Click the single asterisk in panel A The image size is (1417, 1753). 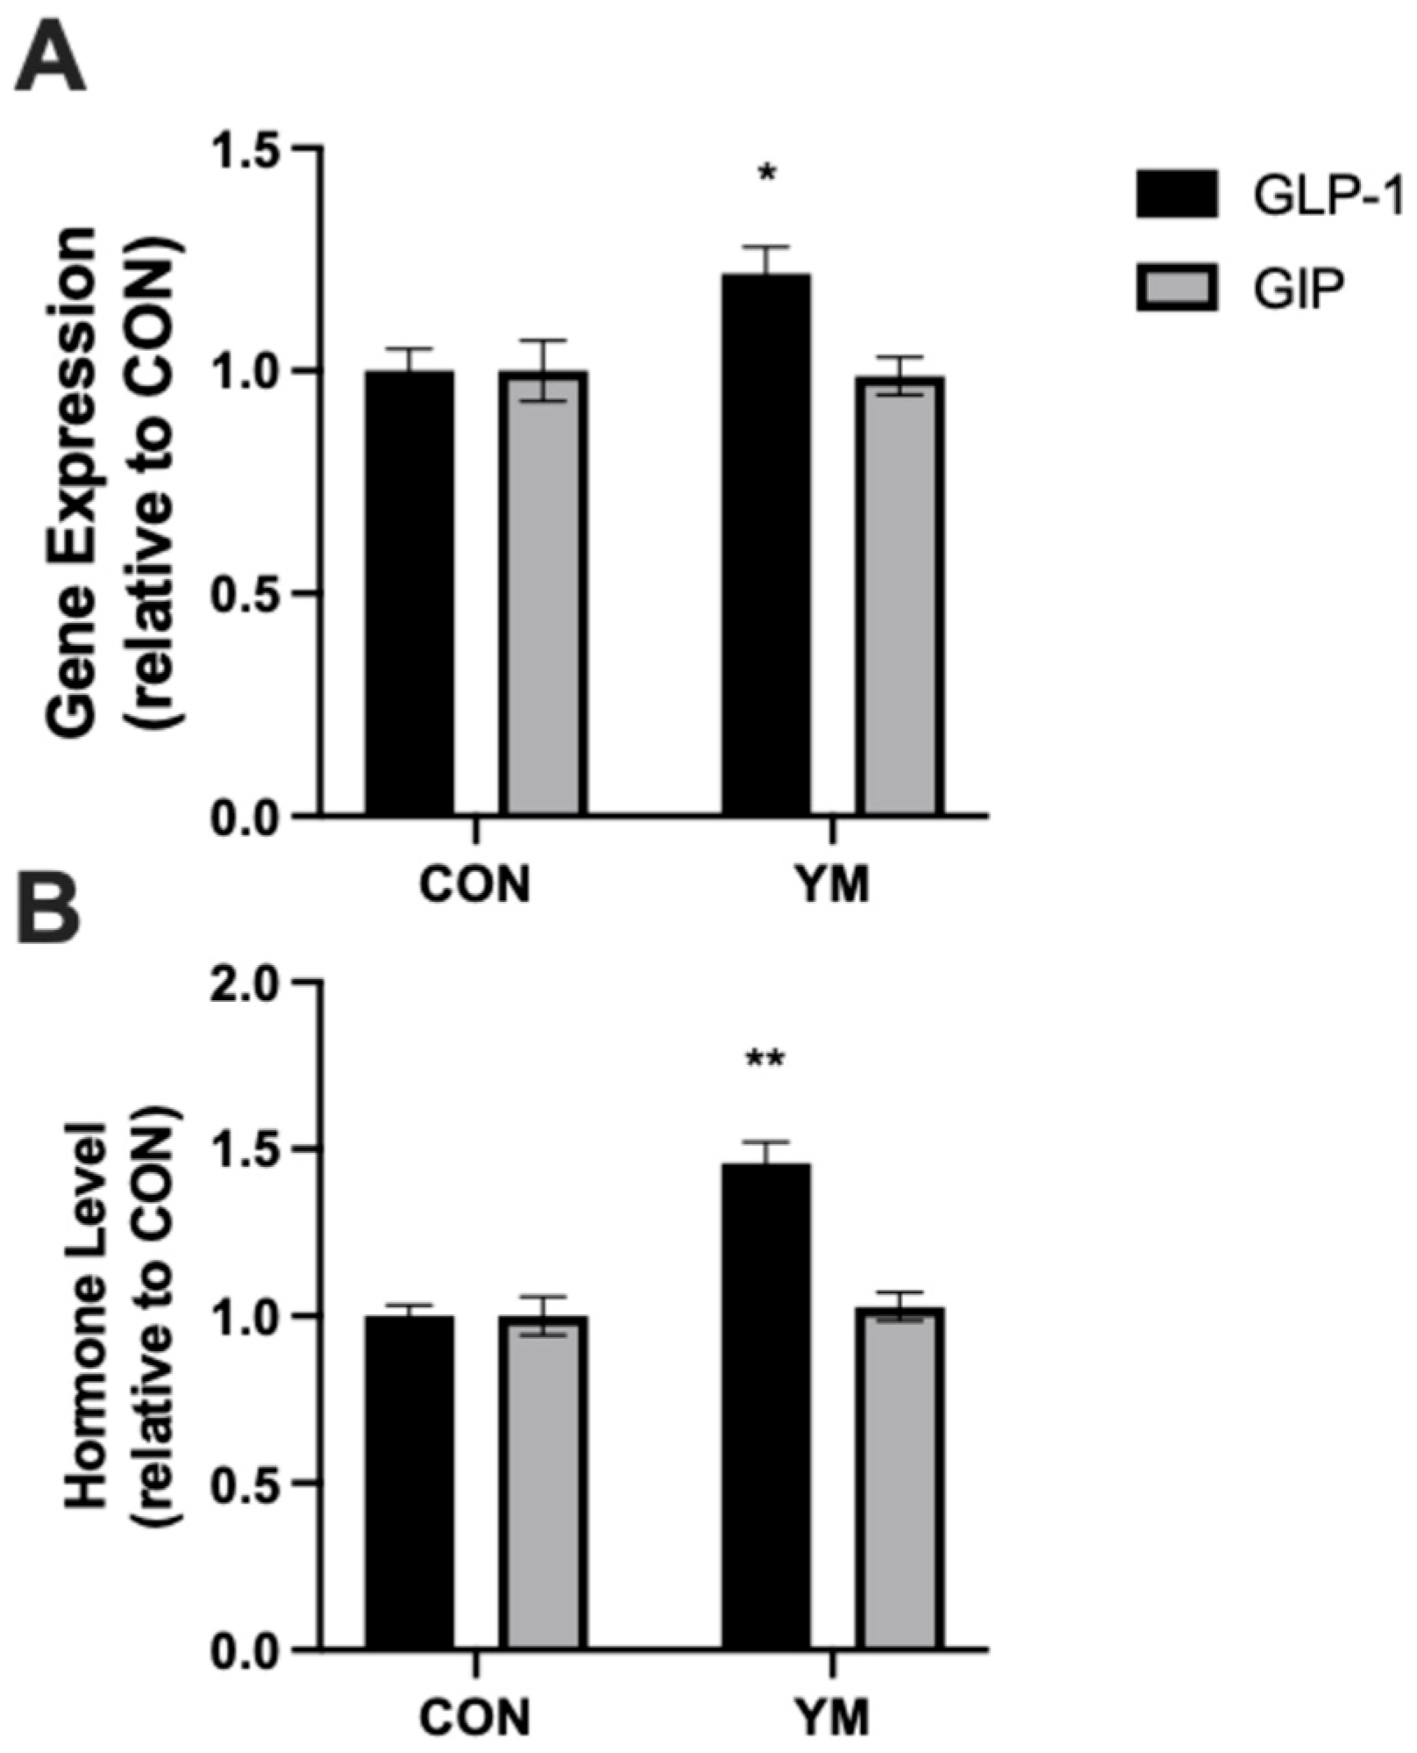[767, 173]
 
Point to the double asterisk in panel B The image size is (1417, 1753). [765, 1060]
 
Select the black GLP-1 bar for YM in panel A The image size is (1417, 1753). [765, 544]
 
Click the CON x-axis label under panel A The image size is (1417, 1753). [474, 885]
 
